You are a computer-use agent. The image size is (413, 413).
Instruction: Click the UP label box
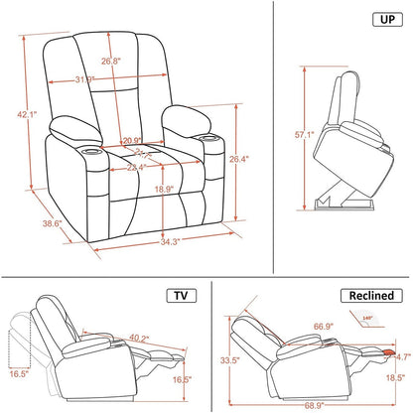pos(382,19)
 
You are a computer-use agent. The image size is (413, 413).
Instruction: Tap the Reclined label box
pos(372,296)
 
